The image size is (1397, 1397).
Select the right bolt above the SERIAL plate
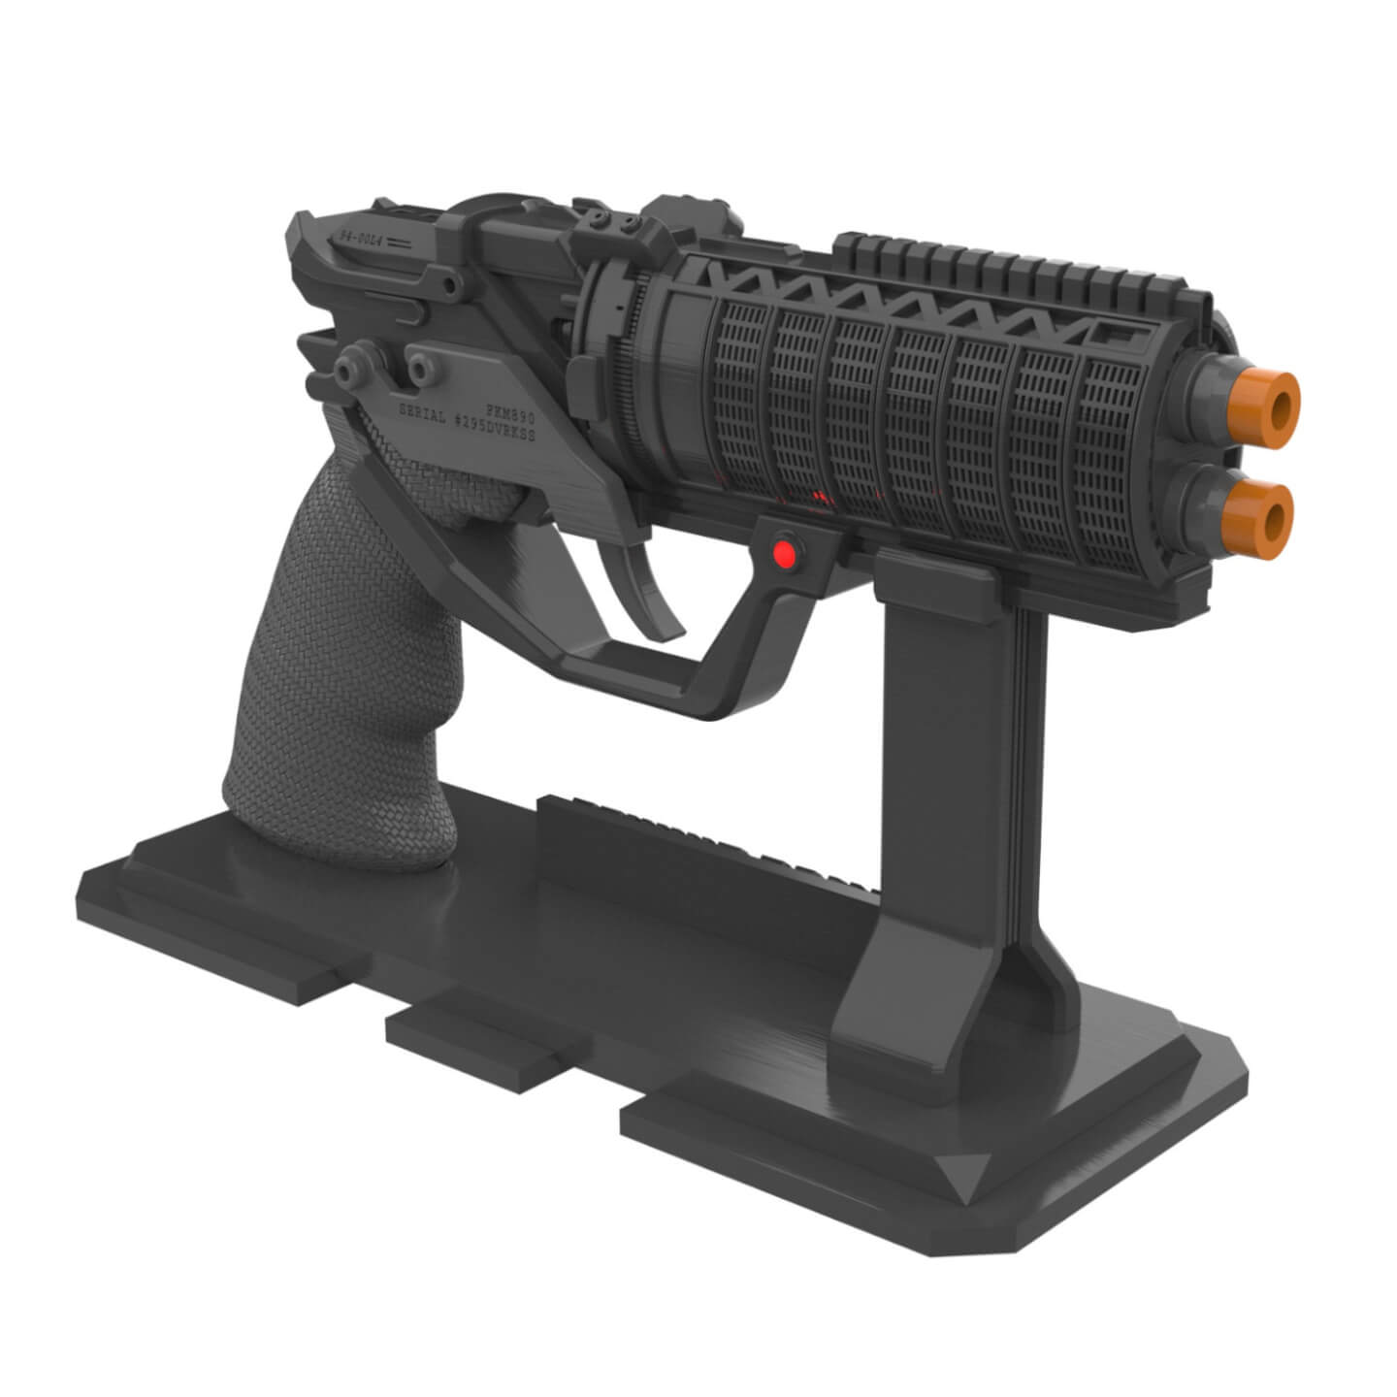coord(420,366)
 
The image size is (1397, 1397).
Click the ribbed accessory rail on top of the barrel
coord(1009,264)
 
